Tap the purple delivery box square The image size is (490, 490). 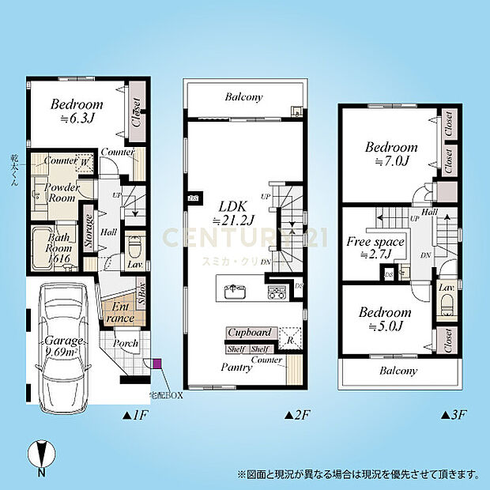pyautogui.click(x=156, y=364)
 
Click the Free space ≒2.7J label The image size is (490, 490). pyautogui.click(x=376, y=247)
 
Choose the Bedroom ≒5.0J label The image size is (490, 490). pyautogui.click(x=387, y=318)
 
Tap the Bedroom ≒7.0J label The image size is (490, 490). pyautogui.click(x=390, y=154)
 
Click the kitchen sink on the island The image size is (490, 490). pyautogui.click(x=236, y=293)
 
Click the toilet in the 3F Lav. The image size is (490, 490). pyautogui.click(x=447, y=303)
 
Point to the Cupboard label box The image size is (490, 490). pyautogui.click(x=251, y=334)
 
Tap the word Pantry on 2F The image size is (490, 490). pyautogui.click(x=237, y=367)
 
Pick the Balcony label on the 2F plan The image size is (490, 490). pyautogui.click(x=243, y=98)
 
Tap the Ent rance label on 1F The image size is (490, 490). pyautogui.click(x=121, y=312)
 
